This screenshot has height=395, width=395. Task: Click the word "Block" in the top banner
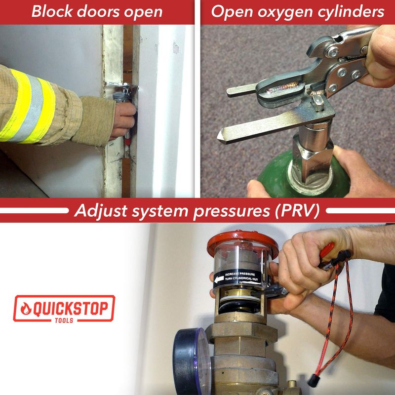[x=52, y=11]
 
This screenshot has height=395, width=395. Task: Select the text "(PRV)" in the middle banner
[x=297, y=211]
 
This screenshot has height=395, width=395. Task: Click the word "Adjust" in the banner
[x=101, y=211]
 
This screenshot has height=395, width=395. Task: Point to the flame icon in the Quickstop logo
[x=26, y=308]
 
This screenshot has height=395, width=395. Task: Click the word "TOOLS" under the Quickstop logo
[x=64, y=320]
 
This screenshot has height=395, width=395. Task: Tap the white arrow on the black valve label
[x=219, y=279]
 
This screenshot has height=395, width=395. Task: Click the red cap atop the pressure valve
[x=242, y=242]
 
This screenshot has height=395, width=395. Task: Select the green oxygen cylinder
[x=302, y=176]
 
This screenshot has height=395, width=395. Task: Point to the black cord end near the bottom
[x=313, y=381]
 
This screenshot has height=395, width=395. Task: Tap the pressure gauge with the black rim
[x=192, y=361]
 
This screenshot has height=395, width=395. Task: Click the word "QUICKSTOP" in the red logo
[x=71, y=308]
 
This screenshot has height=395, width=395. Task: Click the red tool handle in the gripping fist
[x=327, y=250]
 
